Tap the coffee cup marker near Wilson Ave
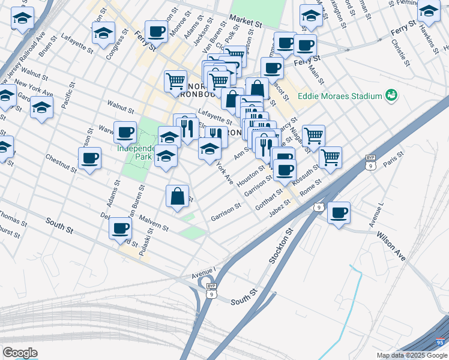(339, 213)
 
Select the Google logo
(20, 352)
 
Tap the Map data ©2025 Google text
(411, 355)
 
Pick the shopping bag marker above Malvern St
(178, 196)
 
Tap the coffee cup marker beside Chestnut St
(89, 159)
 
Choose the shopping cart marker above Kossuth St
(330, 158)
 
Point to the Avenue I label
(203, 273)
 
